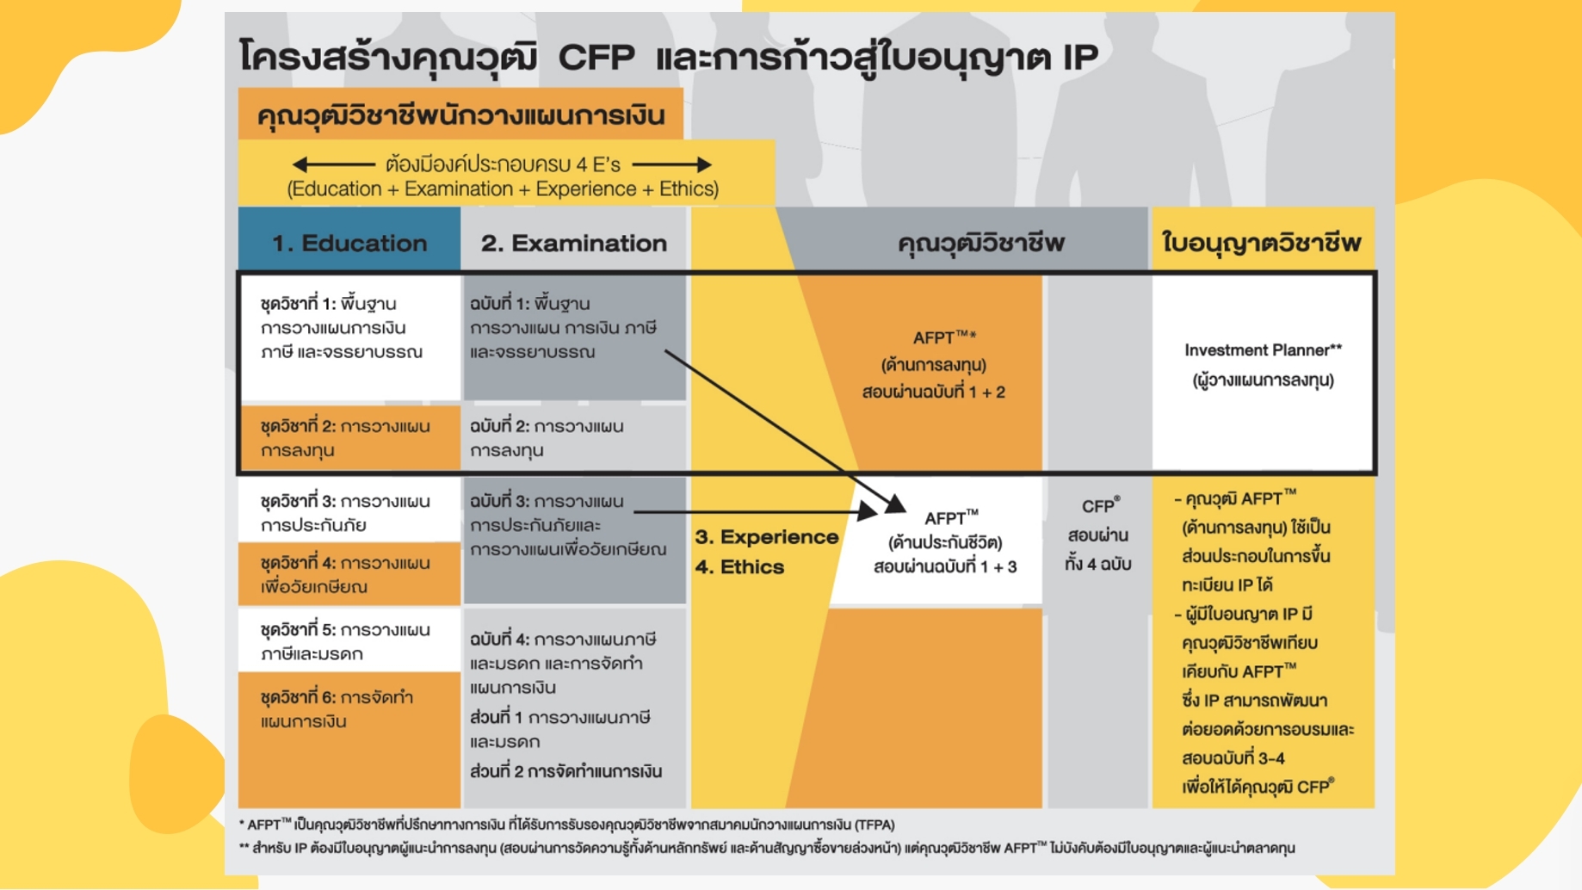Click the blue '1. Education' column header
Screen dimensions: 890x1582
pos(349,243)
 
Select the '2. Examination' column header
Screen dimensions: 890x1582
pos(573,243)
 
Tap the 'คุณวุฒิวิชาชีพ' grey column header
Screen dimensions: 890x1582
pos(980,243)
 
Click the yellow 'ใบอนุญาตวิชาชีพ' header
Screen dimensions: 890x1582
pos(1261,243)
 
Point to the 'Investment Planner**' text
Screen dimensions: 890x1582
pos(1262,350)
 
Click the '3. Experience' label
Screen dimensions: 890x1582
pos(766,537)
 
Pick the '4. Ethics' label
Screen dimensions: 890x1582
pos(739,567)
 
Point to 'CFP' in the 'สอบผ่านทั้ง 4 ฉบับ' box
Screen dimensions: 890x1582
pos(1097,507)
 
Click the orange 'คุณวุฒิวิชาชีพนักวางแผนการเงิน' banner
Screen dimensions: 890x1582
pos(460,115)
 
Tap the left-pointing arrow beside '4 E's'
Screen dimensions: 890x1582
pos(332,164)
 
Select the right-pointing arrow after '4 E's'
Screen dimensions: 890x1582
pos(672,164)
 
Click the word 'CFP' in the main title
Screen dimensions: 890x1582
pos(596,58)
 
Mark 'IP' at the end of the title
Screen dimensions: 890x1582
pos(1080,58)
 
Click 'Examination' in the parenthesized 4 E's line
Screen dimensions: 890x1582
pos(458,189)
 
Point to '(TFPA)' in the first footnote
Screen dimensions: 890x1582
pos(874,825)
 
